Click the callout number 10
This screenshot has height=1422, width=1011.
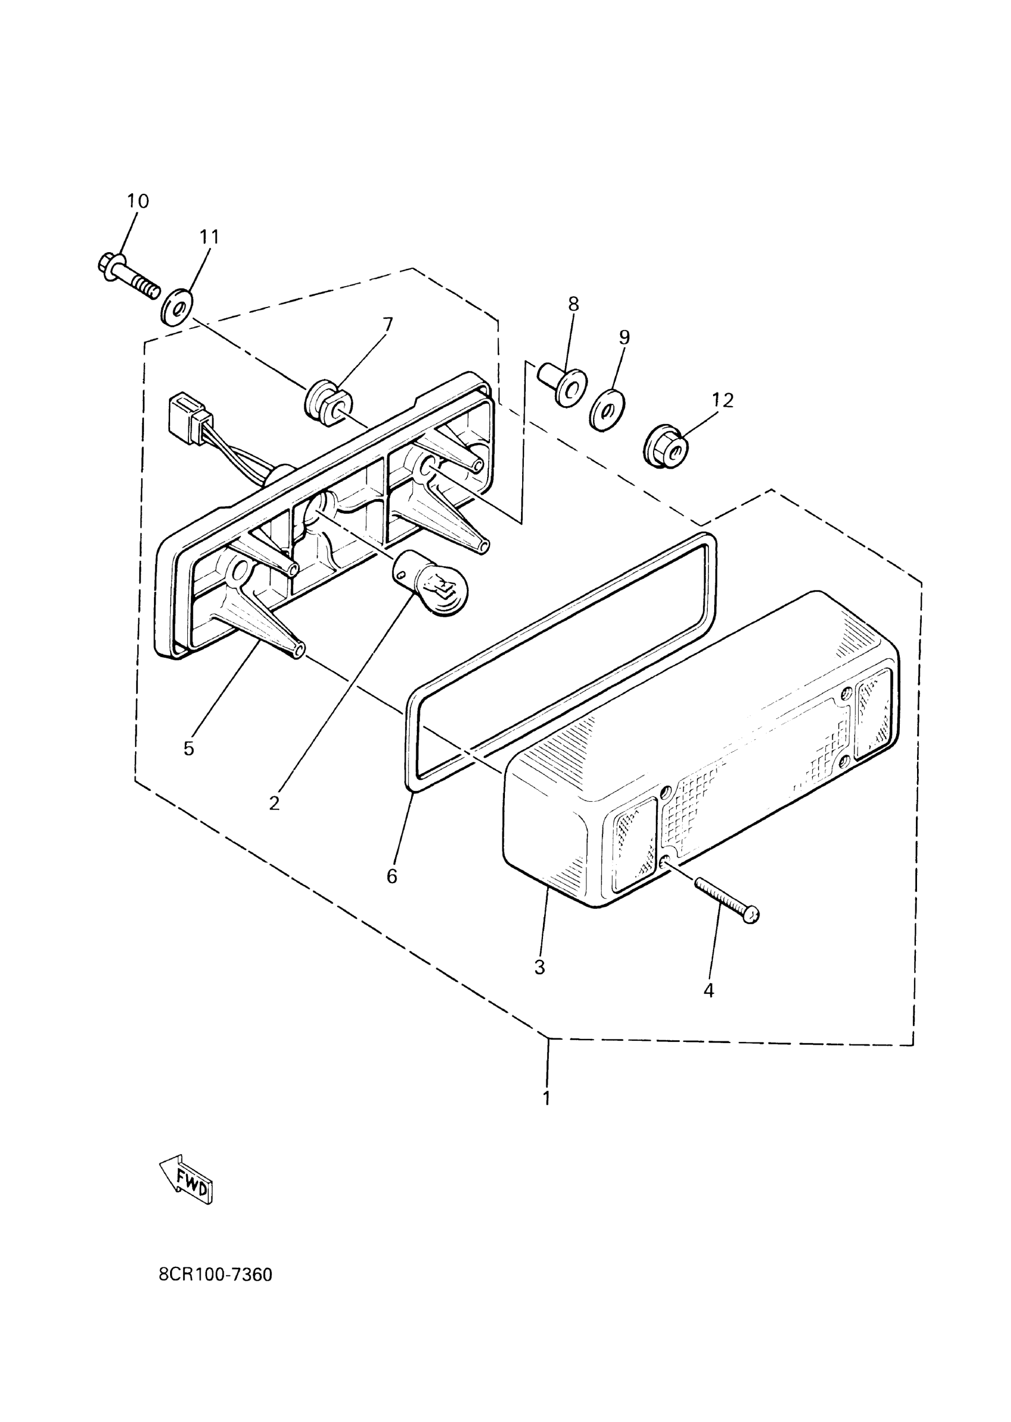(x=138, y=201)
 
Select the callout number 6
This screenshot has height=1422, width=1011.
(x=391, y=877)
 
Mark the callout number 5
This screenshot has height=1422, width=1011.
(x=189, y=748)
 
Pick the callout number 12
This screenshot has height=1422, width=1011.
(x=722, y=400)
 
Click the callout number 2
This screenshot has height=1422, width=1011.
(x=275, y=803)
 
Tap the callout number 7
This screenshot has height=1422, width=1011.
(x=388, y=324)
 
